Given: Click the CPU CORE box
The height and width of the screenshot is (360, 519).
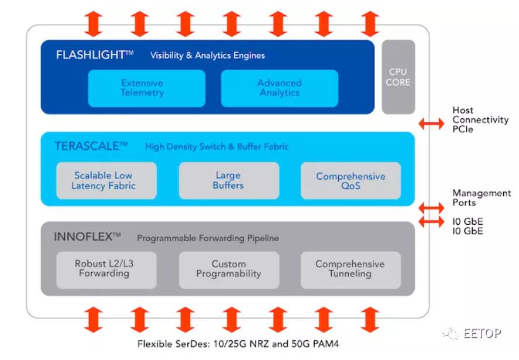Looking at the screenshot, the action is coord(398,77).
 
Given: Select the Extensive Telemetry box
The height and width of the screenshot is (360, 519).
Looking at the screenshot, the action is coord(147,88).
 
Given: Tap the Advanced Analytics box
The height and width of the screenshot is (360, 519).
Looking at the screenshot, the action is coord(280,88).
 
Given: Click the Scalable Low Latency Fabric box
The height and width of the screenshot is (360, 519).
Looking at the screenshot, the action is coord(106,180).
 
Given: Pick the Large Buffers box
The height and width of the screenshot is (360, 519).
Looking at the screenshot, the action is coord(229,180).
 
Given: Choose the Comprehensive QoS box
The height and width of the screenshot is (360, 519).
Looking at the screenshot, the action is coord(351,180).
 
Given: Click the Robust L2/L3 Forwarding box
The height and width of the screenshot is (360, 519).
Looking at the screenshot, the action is coord(106,270).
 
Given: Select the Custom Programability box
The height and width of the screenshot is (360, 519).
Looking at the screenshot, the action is coord(229,270).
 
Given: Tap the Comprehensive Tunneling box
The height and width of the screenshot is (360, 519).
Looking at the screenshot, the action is coord(351,270).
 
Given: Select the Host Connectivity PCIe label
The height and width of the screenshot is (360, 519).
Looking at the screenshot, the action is coord(480,119).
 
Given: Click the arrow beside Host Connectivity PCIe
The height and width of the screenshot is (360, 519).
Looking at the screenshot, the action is coord(431,124).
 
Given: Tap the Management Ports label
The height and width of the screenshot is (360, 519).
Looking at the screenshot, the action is coord(482,198).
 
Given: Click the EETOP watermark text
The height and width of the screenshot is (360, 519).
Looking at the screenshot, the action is coord(482,333).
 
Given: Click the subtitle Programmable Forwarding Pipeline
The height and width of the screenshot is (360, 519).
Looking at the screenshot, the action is coord(208,238).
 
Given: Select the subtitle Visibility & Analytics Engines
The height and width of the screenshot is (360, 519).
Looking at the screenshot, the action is coord(208,55).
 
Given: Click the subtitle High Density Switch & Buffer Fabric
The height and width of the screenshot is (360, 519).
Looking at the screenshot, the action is coord(217,147).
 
